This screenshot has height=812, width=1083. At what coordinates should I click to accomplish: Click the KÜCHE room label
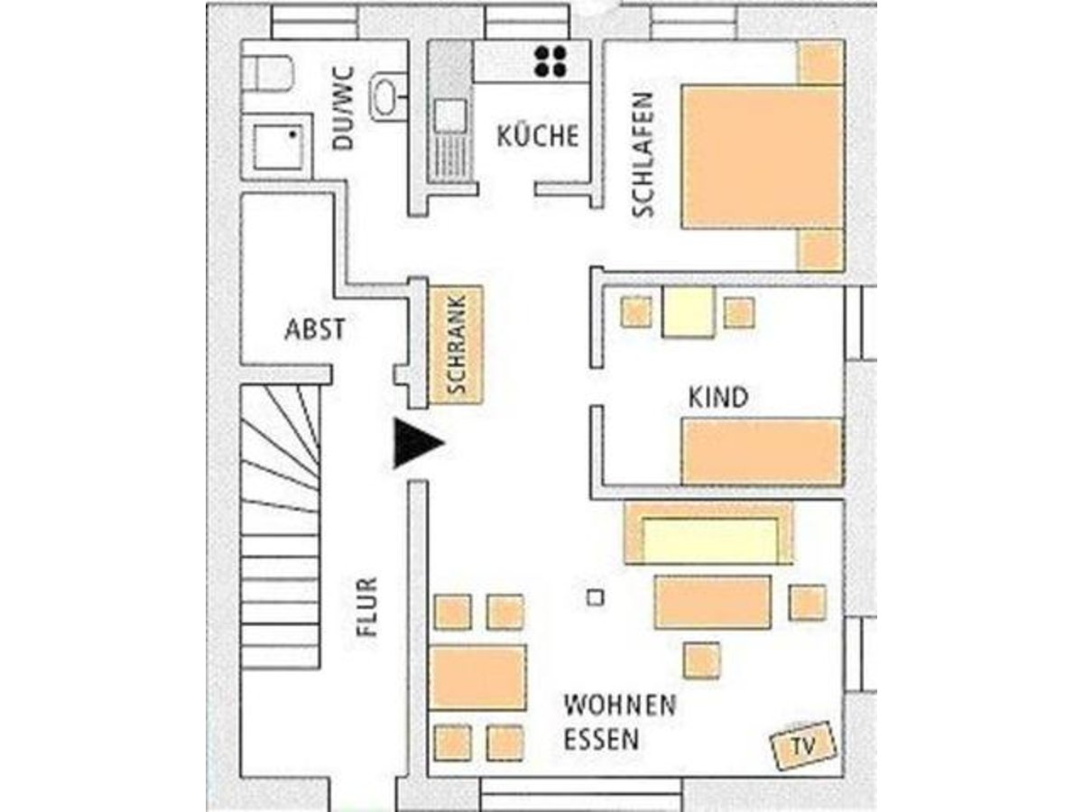click(x=537, y=135)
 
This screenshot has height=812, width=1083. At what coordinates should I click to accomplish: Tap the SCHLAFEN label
click(x=643, y=155)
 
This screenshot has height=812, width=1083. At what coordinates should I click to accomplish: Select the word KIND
click(x=718, y=397)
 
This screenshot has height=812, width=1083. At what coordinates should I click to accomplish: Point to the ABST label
click(x=315, y=328)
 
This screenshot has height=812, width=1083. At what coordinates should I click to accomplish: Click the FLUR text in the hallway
click(x=367, y=607)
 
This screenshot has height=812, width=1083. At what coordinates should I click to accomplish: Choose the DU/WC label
click(x=343, y=108)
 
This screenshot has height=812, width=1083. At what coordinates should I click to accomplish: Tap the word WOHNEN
click(x=620, y=706)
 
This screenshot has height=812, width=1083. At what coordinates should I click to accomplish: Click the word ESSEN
click(x=601, y=740)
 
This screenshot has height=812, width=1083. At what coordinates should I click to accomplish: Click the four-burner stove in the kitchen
click(x=551, y=61)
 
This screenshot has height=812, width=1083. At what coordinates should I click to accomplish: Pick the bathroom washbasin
click(x=388, y=97)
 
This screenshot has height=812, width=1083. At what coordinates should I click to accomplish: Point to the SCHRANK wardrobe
click(x=456, y=345)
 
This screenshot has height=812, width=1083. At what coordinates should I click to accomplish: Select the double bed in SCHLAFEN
click(x=763, y=156)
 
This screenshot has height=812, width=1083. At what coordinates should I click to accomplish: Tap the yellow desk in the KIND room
click(x=689, y=311)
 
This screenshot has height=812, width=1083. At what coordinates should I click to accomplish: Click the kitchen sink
click(x=450, y=115)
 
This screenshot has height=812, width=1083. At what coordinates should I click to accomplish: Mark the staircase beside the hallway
click(x=281, y=527)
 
